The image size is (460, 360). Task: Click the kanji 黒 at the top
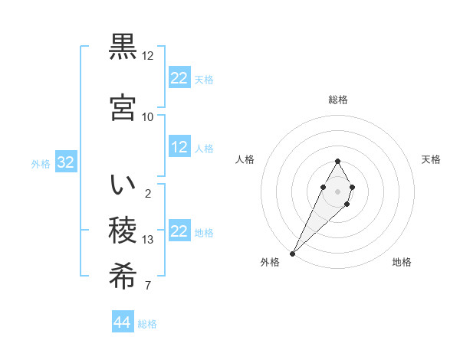123,47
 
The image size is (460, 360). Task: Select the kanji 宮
123,107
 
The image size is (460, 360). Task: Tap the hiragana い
123,185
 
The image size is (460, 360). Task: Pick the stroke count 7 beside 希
148,286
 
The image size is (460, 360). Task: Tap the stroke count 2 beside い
148,193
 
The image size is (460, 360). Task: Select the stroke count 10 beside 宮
148,116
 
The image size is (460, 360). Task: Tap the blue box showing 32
65,162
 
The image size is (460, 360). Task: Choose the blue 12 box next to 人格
179,147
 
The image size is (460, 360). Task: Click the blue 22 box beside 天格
179,78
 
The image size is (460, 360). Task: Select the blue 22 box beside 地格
179,231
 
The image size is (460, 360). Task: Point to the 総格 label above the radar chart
338,100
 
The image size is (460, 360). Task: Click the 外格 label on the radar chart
270,263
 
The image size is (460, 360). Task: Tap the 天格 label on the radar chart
431,159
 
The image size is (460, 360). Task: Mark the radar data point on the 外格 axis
292,254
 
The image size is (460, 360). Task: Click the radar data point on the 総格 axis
338,161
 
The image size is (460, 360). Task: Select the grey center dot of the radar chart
338,191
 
